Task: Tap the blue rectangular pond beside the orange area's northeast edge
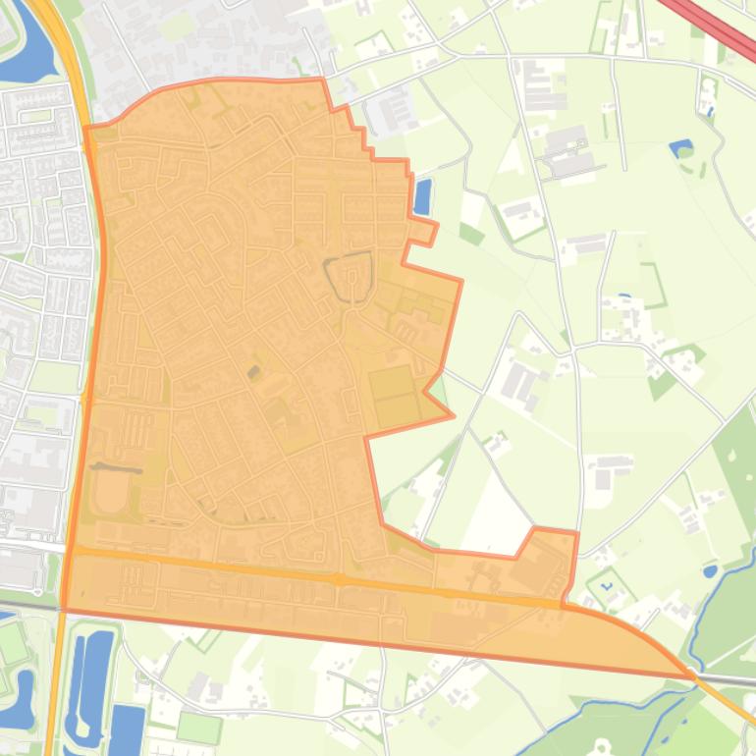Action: (423, 196)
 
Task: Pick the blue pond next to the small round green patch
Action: (678, 148)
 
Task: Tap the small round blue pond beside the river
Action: (710, 570)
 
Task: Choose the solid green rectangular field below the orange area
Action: (199, 728)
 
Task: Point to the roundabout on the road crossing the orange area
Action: (339, 580)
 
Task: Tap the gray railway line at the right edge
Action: (731, 679)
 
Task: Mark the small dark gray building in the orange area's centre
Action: (254, 372)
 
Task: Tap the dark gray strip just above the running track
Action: (116, 468)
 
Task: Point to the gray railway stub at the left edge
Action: (25, 603)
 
